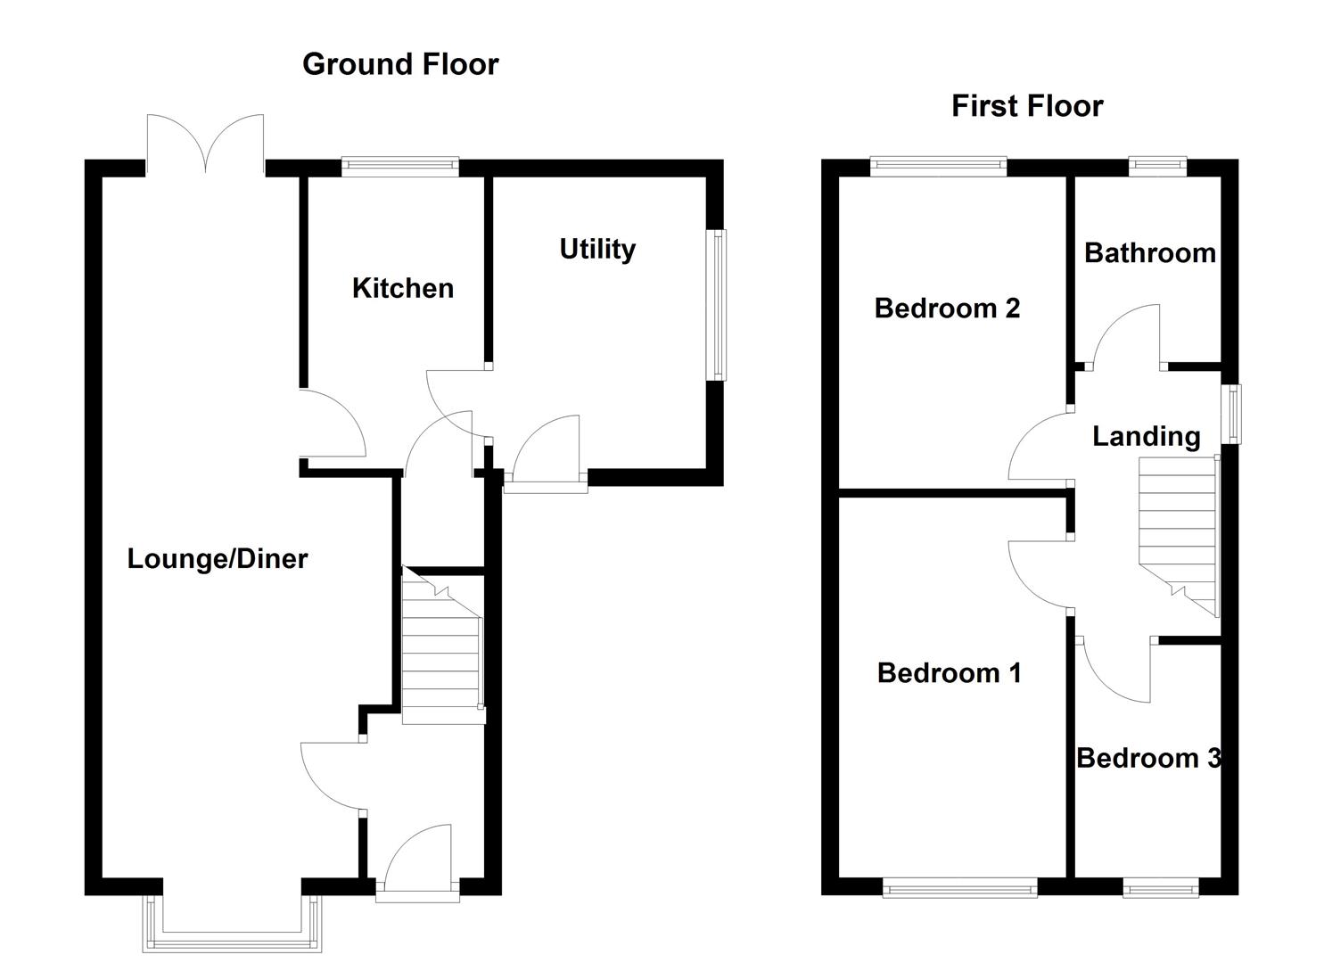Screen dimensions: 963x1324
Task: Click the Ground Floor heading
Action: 399,64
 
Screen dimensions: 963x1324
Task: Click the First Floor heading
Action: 1026,106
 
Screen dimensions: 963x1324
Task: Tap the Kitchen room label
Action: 402,288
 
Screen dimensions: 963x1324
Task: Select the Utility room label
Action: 596,249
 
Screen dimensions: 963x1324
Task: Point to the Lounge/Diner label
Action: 217,559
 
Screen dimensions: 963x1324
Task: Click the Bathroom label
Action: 1149,253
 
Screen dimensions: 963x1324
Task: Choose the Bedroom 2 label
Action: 946,309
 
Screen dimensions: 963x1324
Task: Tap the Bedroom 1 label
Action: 949,672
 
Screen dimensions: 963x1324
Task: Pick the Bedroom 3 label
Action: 1147,758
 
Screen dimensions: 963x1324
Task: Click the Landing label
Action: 1146,436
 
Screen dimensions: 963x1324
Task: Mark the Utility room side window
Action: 716,305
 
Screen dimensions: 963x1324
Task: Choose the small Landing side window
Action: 1231,414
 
